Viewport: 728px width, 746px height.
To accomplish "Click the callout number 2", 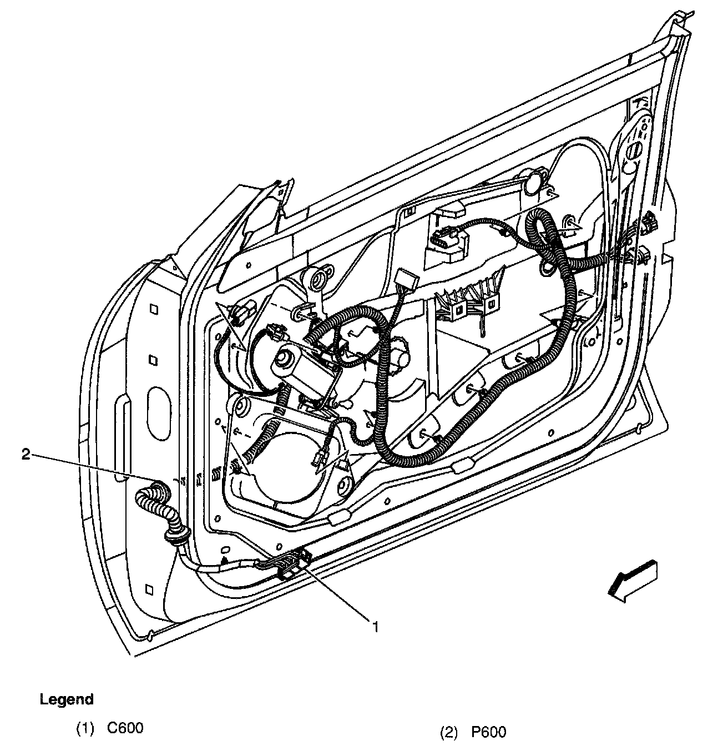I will click(x=25, y=455).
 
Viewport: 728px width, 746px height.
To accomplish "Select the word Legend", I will click(x=67, y=699).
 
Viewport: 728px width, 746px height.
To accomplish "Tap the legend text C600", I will click(x=125, y=728).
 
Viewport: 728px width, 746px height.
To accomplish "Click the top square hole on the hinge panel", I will click(x=155, y=309).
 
